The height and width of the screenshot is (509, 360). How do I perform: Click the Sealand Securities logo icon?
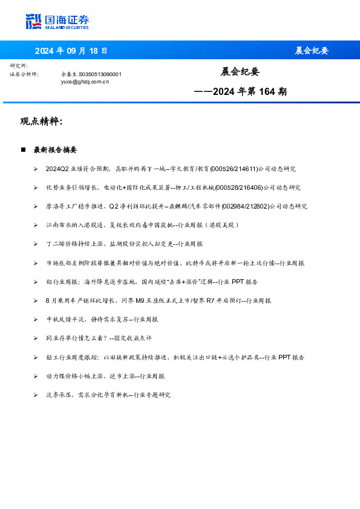(x=33, y=21)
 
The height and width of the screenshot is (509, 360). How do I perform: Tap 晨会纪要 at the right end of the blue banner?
(x=312, y=51)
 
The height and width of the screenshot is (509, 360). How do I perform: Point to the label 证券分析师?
(x=24, y=74)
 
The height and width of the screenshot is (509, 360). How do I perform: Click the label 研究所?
(x=19, y=65)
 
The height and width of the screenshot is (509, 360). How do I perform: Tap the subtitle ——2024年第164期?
(x=241, y=92)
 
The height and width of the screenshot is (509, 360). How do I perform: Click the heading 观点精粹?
(x=42, y=122)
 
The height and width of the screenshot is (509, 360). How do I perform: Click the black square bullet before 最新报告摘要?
(x=23, y=149)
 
